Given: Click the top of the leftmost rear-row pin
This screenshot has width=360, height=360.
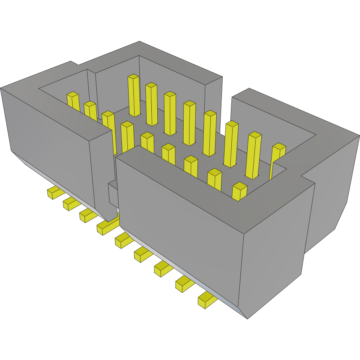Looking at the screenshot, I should click(133, 77).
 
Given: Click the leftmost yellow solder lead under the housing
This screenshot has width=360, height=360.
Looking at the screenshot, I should click(55, 193).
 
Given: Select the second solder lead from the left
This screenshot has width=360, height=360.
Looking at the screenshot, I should click(71, 204).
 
